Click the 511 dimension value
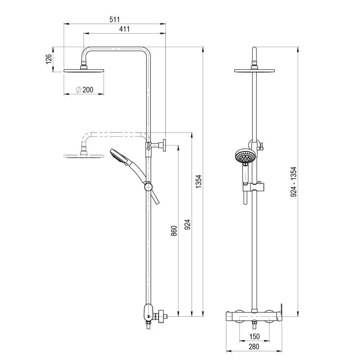click(114, 19)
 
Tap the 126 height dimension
click(48, 59)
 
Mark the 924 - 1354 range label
click(293, 181)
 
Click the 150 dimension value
click(255, 337)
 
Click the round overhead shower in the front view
click(255, 70)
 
